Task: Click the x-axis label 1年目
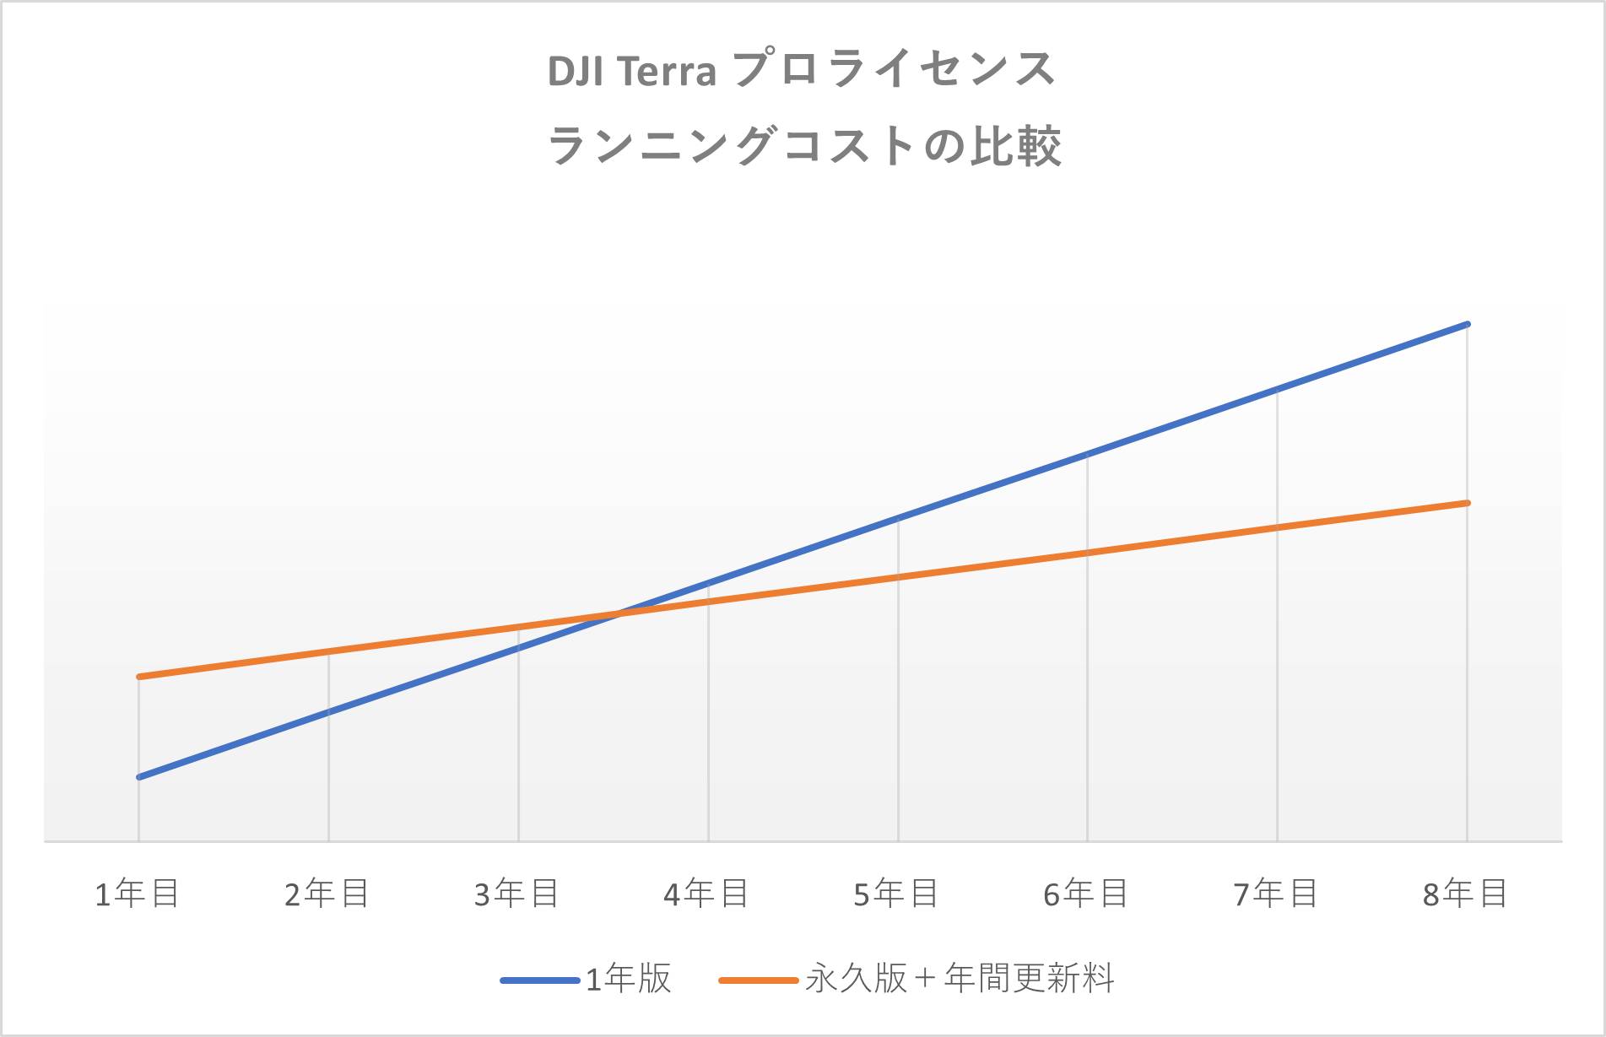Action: [x=138, y=894]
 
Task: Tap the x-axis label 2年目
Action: [x=327, y=894]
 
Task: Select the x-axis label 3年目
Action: [x=517, y=894]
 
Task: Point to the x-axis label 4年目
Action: [x=707, y=894]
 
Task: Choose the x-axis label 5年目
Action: [x=897, y=894]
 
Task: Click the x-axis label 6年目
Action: [x=1086, y=894]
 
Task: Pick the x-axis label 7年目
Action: [x=1276, y=894]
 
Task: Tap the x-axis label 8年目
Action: [x=1466, y=894]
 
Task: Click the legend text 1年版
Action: [x=629, y=980]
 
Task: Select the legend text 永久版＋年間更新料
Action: [x=960, y=979]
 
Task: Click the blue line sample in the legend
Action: [x=540, y=980]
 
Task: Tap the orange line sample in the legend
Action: [x=759, y=980]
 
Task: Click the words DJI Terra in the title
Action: [x=632, y=72]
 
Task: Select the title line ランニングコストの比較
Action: [x=804, y=146]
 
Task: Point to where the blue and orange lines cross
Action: [x=619, y=613]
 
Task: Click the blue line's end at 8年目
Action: [x=1468, y=324]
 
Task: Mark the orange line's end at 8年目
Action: [x=1468, y=503]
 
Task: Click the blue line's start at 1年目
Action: [x=139, y=776]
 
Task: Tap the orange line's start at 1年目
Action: [x=139, y=677]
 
